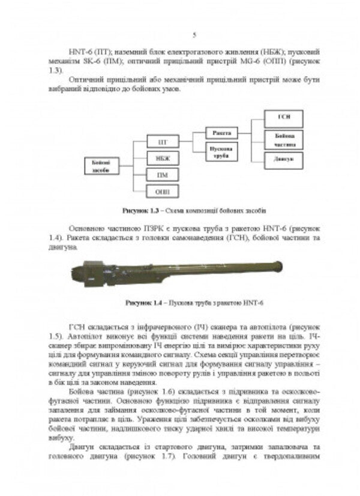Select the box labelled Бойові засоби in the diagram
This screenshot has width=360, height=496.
[100, 166]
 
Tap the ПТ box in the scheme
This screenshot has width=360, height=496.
[162, 142]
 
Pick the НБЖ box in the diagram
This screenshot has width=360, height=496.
[162, 159]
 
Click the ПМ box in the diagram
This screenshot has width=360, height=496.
[162, 175]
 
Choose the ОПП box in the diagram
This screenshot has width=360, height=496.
[162, 191]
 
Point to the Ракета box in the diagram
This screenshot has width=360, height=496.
[221, 132]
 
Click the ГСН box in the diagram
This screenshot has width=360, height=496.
[284, 118]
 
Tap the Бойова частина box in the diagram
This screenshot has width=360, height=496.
[284, 139]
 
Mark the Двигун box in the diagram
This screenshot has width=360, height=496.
[284, 160]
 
